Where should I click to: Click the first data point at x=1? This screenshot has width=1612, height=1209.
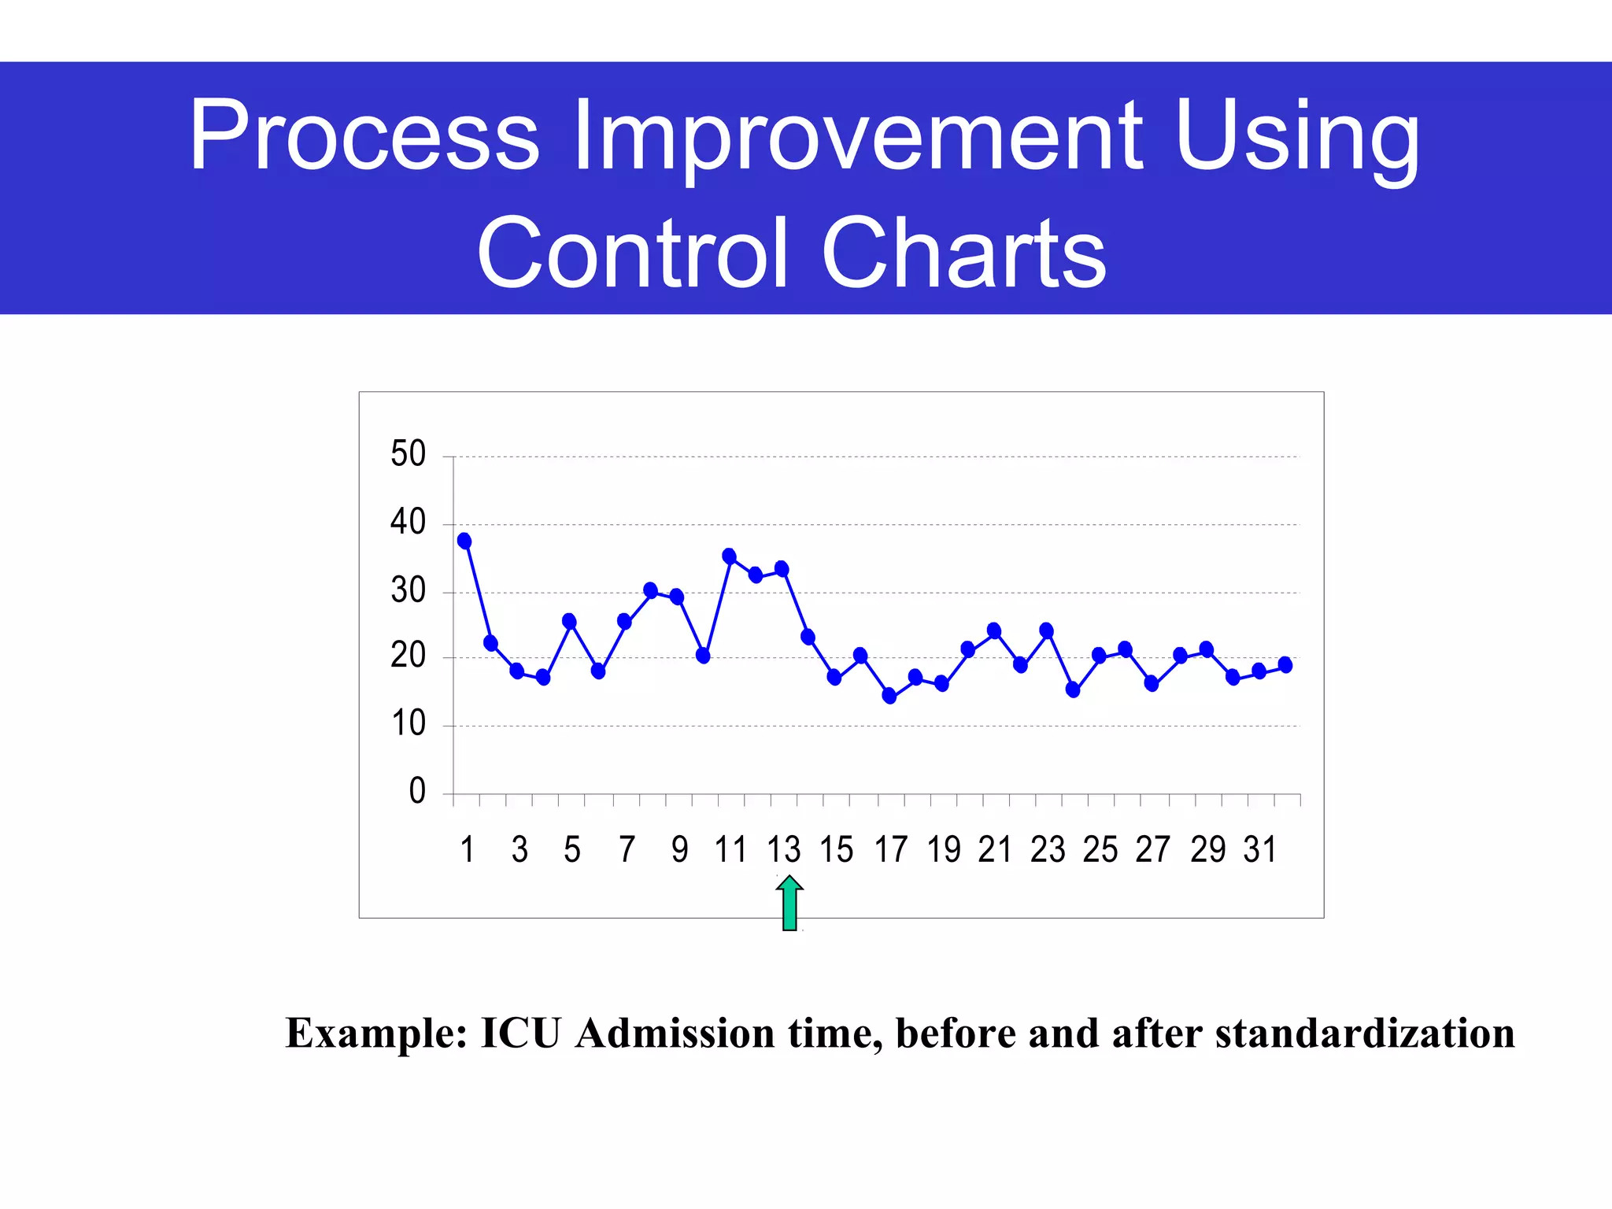pos(464,541)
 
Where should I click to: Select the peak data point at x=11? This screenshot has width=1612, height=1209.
pos(729,556)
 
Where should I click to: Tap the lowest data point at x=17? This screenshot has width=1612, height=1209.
pos(889,696)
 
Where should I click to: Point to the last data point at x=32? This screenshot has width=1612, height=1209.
pos(1285,665)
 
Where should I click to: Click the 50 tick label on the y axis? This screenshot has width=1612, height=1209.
pos(408,454)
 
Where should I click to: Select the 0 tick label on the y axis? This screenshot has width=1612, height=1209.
pos(417,791)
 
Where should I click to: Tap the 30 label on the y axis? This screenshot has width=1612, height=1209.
pos(408,590)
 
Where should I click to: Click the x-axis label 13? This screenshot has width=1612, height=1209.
pos(783,850)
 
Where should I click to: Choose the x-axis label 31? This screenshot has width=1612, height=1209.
pos(1259,850)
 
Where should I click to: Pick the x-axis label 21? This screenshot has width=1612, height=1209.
pos(994,850)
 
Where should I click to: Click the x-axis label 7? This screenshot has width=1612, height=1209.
pos(627,850)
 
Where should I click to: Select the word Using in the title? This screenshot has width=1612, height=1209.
pos(1296,135)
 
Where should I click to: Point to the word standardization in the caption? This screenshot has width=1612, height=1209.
pos(1364,1033)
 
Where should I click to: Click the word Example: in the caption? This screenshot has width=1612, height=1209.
pos(377,1033)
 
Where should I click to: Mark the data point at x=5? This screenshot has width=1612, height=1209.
pos(569,621)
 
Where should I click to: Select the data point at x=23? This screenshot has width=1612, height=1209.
pos(1046,630)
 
